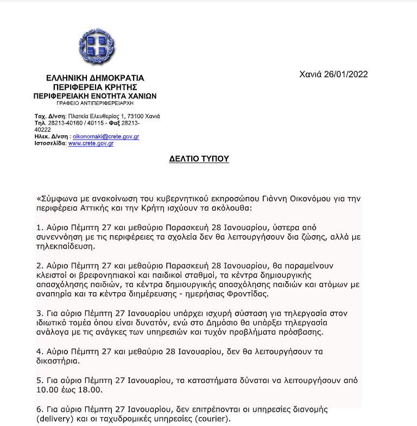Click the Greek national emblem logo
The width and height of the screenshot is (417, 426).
[x=97, y=46]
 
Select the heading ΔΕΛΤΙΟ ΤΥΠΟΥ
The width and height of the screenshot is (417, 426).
[x=198, y=159]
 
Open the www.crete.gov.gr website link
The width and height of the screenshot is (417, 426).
[x=91, y=143]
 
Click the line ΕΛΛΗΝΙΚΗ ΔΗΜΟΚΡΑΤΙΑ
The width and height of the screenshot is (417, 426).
[x=95, y=78]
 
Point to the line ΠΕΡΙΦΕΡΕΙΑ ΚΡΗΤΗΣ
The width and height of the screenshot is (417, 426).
[x=95, y=87]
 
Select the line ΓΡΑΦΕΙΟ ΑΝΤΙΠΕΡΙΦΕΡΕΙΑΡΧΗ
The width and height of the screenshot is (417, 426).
[x=95, y=102]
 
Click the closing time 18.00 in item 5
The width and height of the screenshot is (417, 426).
[x=86, y=390]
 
